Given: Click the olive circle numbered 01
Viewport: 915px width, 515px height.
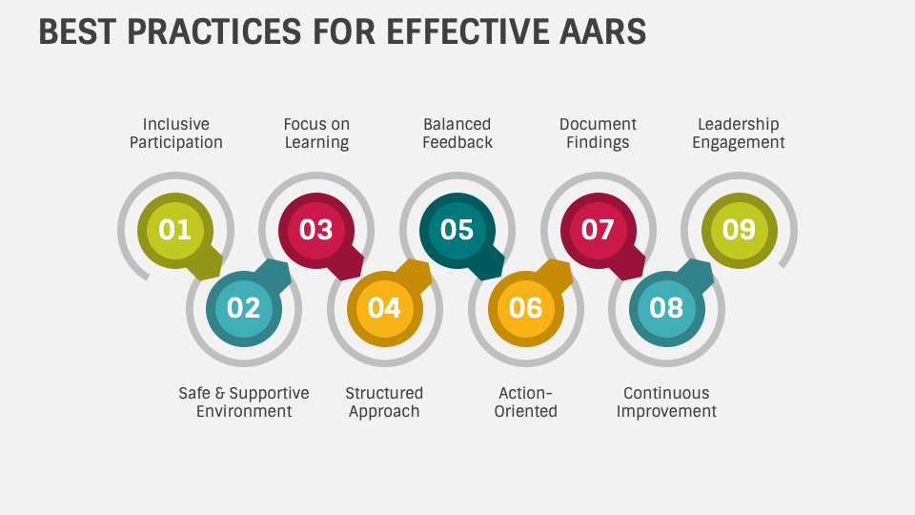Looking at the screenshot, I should [175, 230].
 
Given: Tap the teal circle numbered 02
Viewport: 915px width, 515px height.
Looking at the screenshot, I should [244, 308].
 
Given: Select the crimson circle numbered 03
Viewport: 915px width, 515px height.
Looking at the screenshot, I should [316, 230].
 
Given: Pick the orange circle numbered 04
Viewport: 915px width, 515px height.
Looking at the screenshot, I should [385, 308].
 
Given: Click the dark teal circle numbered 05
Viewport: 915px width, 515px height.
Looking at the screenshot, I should [457, 230].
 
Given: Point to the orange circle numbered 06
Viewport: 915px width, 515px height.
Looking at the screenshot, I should [526, 308].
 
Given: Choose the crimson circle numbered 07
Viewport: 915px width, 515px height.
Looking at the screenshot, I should [598, 230].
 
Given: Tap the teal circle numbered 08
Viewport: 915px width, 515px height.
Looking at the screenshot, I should [667, 308].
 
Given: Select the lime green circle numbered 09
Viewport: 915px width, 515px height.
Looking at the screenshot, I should [740, 230].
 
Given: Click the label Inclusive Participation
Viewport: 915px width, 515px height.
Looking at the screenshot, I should [176, 134].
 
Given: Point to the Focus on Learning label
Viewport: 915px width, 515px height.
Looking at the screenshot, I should [316, 134].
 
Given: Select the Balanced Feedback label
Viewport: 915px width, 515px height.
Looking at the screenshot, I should [457, 134].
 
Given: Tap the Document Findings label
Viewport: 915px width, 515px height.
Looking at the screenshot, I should [598, 134].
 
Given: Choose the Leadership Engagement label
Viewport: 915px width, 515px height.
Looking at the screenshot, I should [739, 134].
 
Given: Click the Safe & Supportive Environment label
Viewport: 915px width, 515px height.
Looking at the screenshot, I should [244, 402].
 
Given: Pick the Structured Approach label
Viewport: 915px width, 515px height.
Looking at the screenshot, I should [384, 402].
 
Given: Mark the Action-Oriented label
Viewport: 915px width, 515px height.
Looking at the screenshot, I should [525, 402].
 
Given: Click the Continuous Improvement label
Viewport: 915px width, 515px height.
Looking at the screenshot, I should [666, 402].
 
